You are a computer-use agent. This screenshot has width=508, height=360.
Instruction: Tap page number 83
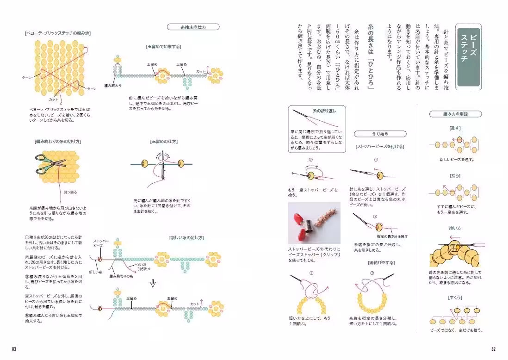(x=14, y=348)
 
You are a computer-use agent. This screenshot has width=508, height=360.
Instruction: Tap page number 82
(x=493, y=348)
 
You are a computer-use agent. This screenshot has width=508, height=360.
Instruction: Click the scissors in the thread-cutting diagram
(x=50, y=162)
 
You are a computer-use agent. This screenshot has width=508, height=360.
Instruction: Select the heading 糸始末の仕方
(x=193, y=27)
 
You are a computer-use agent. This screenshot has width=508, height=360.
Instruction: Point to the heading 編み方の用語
(x=455, y=113)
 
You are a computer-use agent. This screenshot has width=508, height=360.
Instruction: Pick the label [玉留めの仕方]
(x=164, y=141)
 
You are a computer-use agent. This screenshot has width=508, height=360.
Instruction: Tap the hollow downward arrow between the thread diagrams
(x=152, y=283)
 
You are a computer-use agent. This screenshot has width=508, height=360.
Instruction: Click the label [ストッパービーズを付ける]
(x=380, y=146)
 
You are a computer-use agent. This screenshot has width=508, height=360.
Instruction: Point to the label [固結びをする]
(x=381, y=263)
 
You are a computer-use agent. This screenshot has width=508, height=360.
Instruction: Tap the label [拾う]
(x=455, y=176)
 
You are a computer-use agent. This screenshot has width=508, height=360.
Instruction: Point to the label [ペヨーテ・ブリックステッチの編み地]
(x=57, y=33)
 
